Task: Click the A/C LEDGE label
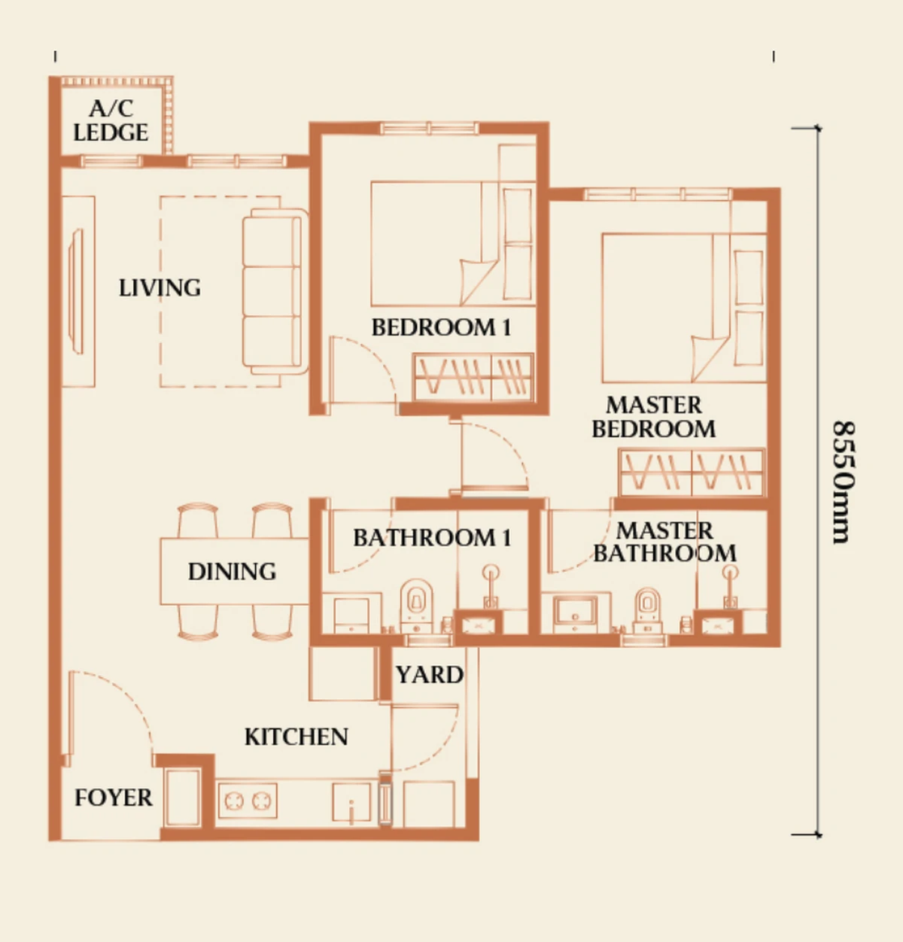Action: click(111, 120)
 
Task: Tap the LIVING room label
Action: click(160, 288)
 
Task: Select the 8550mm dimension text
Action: click(844, 482)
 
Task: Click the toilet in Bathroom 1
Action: click(416, 606)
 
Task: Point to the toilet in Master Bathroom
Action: click(647, 610)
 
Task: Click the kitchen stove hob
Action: click(248, 801)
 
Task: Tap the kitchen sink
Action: click(351, 802)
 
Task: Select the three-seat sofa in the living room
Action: click(275, 292)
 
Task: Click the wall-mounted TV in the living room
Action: click(77, 291)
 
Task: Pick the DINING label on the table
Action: click(232, 572)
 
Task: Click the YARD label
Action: click(430, 675)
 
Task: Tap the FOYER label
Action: click(114, 798)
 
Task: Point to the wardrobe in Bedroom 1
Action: click(473, 378)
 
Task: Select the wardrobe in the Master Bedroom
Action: click(692, 473)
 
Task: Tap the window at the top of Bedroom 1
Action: click(429, 129)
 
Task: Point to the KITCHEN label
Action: click(296, 737)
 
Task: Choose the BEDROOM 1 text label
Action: click(441, 328)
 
